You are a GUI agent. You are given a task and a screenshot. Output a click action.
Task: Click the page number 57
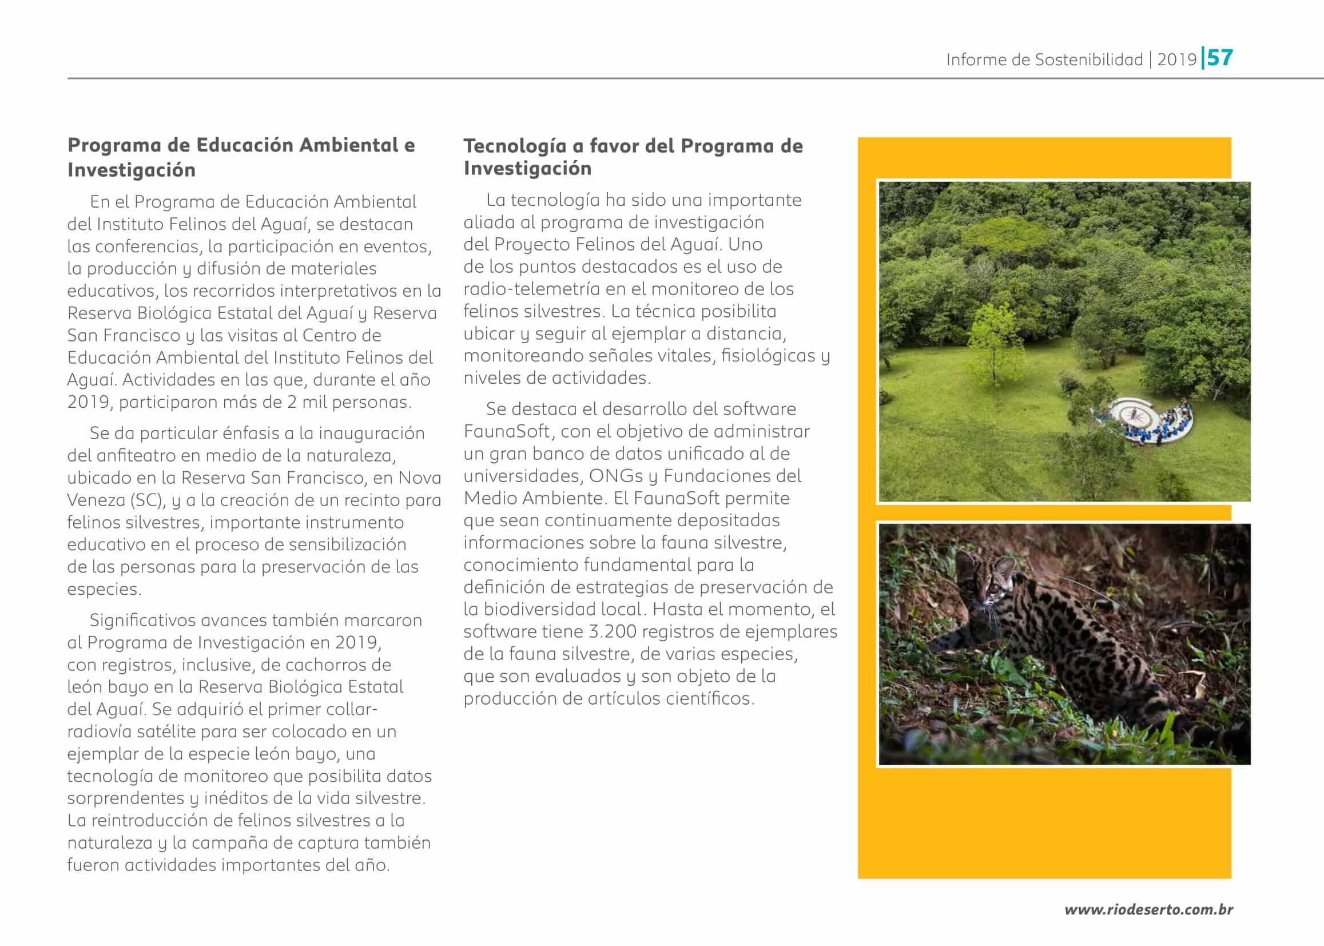tap(1220, 58)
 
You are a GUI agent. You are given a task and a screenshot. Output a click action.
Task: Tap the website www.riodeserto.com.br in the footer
tap(1148, 909)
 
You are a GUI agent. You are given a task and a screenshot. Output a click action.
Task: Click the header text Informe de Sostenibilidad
tap(1044, 59)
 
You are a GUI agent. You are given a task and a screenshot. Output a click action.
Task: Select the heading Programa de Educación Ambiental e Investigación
tap(241, 157)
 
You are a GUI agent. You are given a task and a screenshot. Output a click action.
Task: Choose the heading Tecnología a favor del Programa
tap(633, 146)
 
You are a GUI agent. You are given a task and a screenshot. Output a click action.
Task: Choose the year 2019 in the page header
tap(1176, 59)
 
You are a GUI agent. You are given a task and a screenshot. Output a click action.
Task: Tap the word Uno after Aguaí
tap(745, 244)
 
